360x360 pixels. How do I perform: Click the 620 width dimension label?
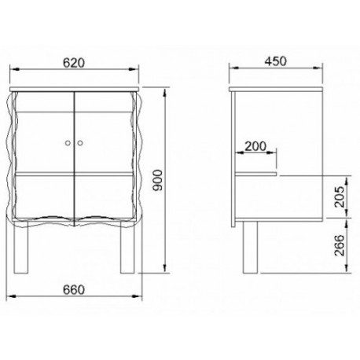pyautogui.click(x=74, y=63)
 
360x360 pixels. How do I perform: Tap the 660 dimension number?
pyautogui.click(x=74, y=290)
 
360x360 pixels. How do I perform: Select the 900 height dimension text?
pyautogui.click(x=158, y=180)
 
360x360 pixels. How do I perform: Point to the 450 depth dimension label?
pyautogui.click(x=275, y=61)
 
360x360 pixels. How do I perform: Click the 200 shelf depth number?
pyautogui.click(x=255, y=146)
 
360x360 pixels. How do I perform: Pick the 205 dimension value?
pyautogui.click(x=340, y=197)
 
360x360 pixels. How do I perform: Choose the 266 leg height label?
pyautogui.click(x=340, y=245)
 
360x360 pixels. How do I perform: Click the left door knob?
pyautogui.click(x=68, y=143)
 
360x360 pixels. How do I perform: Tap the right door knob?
pyautogui.click(x=80, y=143)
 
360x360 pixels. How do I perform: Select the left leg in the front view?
pyautogui.click(x=20, y=247)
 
